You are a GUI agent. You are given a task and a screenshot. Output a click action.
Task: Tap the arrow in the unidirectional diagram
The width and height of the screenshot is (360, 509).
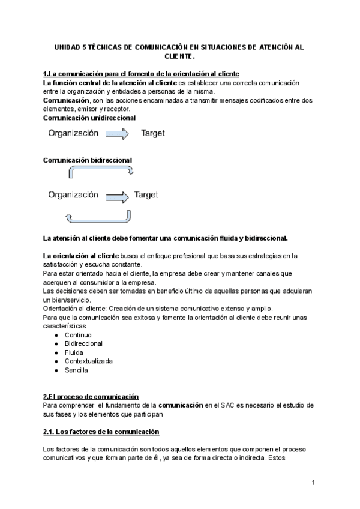[x=116, y=133]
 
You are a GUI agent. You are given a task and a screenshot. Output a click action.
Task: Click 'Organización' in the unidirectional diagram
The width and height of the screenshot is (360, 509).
[x=73, y=133]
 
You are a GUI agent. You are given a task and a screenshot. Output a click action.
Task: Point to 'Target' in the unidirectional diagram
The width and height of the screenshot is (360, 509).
[x=153, y=133]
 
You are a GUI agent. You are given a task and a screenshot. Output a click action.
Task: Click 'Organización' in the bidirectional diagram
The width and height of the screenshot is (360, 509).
[x=73, y=195]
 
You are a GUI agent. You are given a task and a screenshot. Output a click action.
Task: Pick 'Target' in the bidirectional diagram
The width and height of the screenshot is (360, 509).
[x=146, y=195]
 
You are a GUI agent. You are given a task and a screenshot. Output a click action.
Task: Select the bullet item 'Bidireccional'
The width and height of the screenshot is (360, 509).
[x=83, y=343]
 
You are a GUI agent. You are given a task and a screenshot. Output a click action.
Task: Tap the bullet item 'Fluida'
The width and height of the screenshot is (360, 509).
[x=75, y=352]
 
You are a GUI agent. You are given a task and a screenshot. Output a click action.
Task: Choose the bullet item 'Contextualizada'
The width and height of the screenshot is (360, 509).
[x=88, y=361]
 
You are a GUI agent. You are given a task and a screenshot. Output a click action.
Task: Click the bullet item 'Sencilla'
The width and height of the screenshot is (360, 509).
[x=76, y=370]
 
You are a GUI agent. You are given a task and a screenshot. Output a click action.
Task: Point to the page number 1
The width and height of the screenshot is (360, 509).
[x=313, y=483]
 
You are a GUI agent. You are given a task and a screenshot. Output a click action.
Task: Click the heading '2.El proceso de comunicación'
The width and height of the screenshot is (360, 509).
[x=91, y=396]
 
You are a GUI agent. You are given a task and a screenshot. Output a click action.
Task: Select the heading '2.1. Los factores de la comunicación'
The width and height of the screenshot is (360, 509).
[x=101, y=432]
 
